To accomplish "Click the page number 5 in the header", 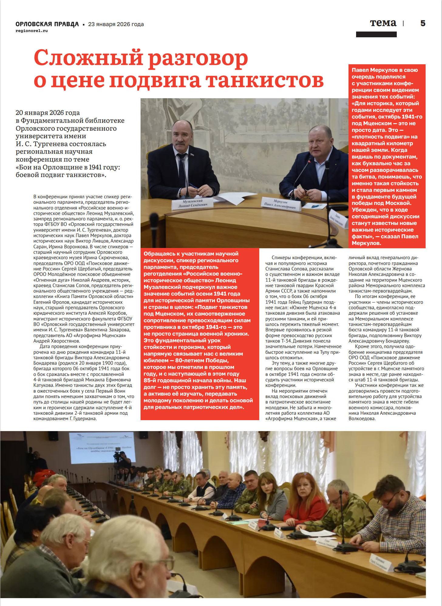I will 423,23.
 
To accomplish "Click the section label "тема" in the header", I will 383,23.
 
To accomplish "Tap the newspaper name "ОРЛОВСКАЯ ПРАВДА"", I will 47,24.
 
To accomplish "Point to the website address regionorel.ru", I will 32,31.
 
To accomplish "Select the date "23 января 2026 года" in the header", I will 116,24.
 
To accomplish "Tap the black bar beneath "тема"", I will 376,35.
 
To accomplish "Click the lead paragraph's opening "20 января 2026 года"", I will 48,113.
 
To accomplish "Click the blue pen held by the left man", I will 193,186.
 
